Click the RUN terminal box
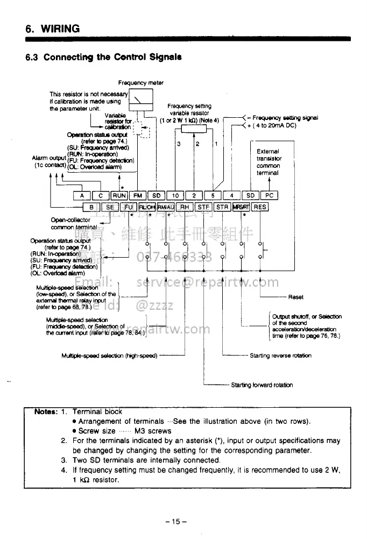coord(119,196)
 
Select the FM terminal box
coord(138,196)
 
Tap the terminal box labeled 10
coord(175,196)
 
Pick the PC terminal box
coord(270,196)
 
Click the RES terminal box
coord(260,207)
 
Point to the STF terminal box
coord(203,207)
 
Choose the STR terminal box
coord(222,207)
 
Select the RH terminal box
coord(185,207)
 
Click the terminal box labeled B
coord(91,207)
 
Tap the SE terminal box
coord(110,207)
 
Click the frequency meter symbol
coord(140,100)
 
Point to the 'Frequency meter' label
coord(141,83)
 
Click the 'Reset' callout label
coord(296,297)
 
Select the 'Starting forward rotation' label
coord(262,385)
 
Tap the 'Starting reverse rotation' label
coord(280,355)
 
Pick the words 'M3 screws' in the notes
coord(155,431)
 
